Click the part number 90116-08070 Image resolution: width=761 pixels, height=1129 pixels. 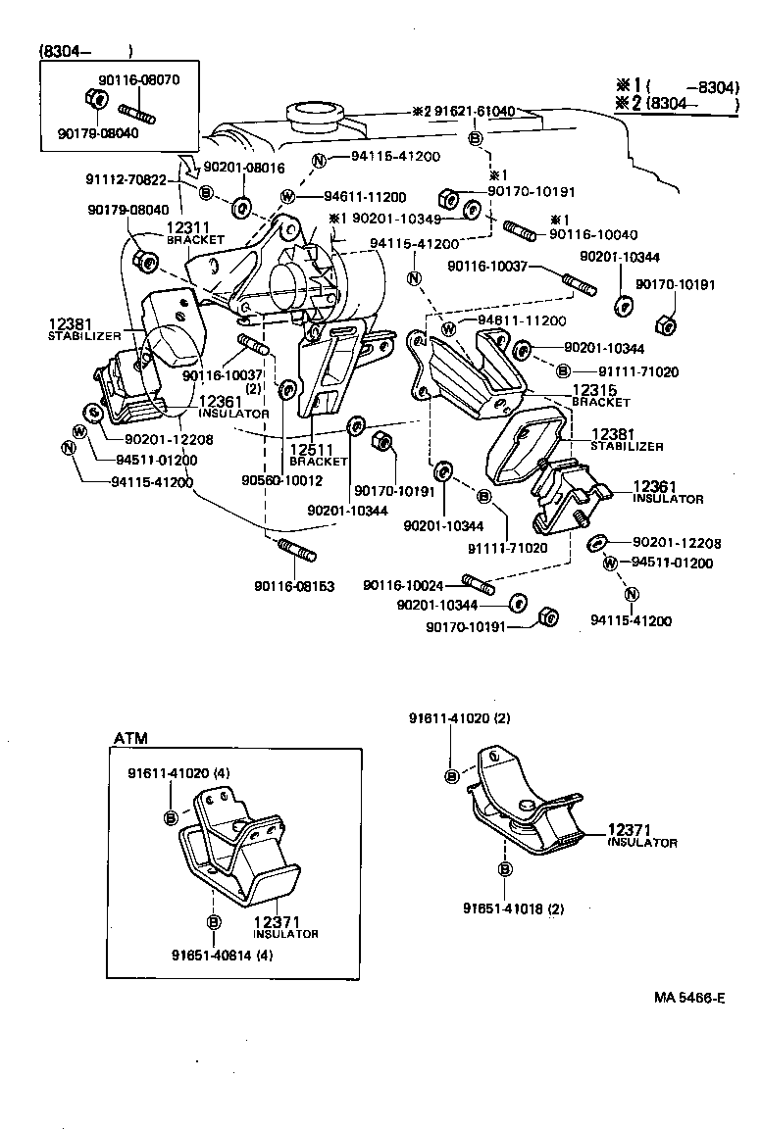tap(139, 79)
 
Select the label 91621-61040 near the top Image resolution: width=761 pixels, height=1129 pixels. tap(470, 112)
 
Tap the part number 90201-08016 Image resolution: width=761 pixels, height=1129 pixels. tap(243, 168)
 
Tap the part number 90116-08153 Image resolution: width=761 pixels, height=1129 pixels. tap(294, 586)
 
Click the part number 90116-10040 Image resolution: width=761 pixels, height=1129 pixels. tap(593, 234)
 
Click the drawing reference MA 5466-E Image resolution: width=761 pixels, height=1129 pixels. tap(689, 999)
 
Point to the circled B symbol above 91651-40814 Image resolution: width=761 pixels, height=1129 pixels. tap(212, 921)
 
